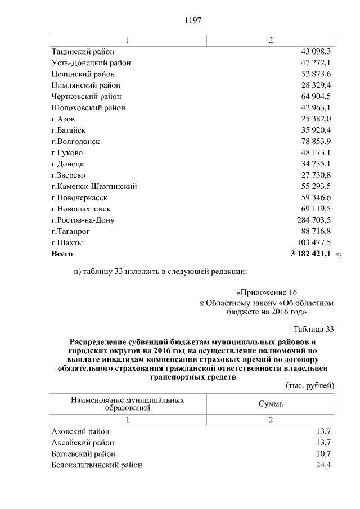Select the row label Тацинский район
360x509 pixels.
coord(79,51)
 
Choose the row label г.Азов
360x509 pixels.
coord(62,119)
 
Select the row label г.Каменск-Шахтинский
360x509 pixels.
coord(94,186)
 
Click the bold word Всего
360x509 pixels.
coord(62,254)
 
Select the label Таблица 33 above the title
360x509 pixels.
coord(314,329)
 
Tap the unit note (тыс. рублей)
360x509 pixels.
coord(310,385)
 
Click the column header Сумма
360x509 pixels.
coord(271,404)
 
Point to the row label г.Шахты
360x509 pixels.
coord(67,242)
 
